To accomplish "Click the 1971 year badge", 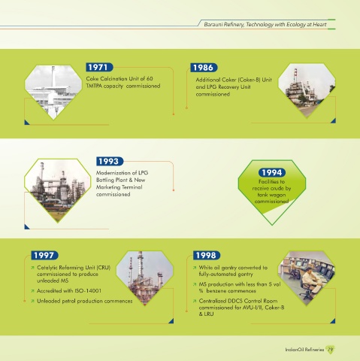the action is click(x=99, y=67).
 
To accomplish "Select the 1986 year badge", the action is click(x=204, y=68).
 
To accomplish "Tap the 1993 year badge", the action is click(x=110, y=161).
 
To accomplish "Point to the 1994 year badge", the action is click(x=272, y=172).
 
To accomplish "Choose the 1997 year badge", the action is click(x=44, y=255).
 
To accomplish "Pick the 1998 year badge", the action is click(x=207, y=255).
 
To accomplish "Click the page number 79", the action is click(x=331, y=350).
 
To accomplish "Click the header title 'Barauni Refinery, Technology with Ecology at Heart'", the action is click(x=265, y=24).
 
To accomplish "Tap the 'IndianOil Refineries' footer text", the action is click(x=304, y=350).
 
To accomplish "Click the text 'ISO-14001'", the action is click(x=88, y=291).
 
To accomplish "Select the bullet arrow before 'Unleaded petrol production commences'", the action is click(x=32, y=301).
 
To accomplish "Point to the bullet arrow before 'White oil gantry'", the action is click(x=195, y=268).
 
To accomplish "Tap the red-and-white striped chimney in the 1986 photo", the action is click(x=295, y=75).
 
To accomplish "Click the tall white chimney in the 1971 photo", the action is click(x=53, y=76).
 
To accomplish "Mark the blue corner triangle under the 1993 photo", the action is click(x=27, y=227).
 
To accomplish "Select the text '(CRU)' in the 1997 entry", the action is click(x=104, y=268).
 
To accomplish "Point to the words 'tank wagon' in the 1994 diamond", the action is click(x=271, y=195).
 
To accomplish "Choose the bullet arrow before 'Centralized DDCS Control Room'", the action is click(x=195, y=301).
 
